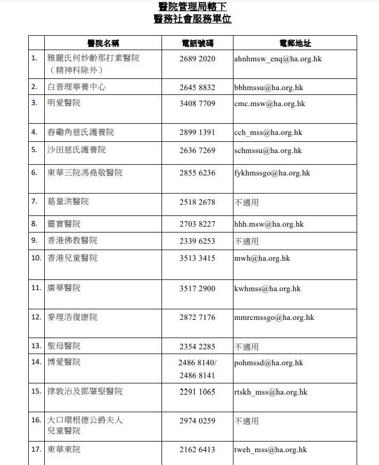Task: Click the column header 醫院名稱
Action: coord(103,43)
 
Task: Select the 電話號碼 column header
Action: coord(197,43)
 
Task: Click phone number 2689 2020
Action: coord(197,59)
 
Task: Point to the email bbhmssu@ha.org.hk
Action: coord(269,87)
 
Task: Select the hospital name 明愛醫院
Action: coord(64,103)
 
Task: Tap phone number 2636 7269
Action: coord(197,150)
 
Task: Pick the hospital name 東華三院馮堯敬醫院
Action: coord(85,173)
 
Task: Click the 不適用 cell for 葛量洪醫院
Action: coord(246,202)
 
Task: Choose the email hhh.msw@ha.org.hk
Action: coord(269,224)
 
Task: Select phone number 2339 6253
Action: coord(197,240)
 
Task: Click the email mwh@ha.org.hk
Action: coord(262,258)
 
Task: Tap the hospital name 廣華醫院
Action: coord(64,288)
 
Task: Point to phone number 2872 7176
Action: coord(197,317)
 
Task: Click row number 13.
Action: coord(36,346)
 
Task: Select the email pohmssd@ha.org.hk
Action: coord(269,363)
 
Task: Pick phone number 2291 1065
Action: coord(197,392)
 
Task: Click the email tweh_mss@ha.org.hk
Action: coord(270,450)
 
